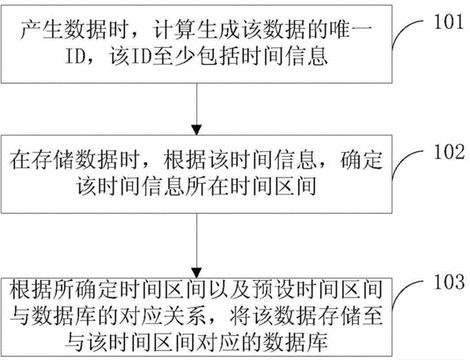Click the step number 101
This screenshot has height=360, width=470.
(449, 22)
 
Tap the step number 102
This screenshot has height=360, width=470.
(449, 151)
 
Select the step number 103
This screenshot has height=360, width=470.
(449, 282)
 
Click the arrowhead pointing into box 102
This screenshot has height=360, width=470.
(197, 130)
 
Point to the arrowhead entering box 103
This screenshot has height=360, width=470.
(197, 273)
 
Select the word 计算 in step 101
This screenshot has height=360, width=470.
(174, 30)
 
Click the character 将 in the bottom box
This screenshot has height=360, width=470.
(240, 315)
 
